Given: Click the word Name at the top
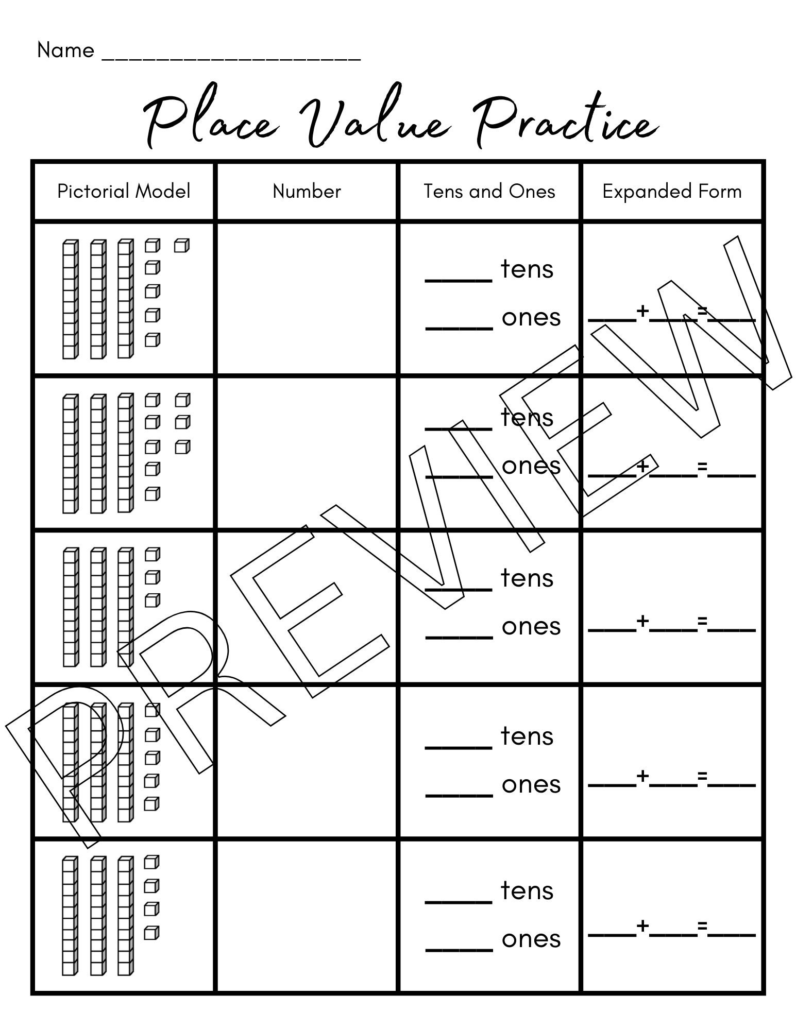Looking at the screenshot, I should [x=65, y=50].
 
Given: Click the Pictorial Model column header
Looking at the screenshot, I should [x=124, y=192].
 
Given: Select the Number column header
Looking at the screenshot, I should [x=307, y=192].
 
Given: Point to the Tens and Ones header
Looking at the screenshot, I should [x=489, y=192].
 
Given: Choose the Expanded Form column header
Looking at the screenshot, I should [x=672, y=192].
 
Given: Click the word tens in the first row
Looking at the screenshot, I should [x=527, y=269].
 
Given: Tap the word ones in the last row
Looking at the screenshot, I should [x=531, y=939].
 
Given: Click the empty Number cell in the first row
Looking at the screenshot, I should [x=307, y=299].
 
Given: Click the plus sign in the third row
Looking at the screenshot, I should [x=642, y=621].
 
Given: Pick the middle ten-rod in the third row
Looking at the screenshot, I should [x=98, y=608].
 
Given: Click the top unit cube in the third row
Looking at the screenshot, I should [x=152, y=555].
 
